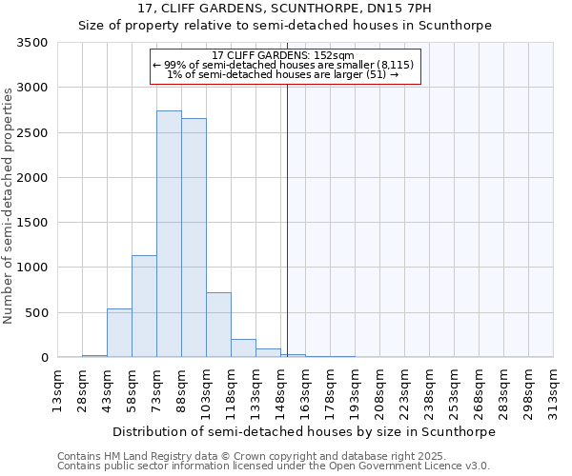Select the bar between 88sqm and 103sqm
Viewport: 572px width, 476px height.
point(194,238)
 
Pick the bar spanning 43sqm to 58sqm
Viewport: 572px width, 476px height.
point(119,333)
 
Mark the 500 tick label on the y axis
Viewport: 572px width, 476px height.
point(37,313)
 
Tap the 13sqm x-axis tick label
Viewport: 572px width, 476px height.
point(58,389)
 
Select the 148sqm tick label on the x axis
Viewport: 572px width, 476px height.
point(281,389)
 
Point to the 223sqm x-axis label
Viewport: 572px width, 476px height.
point(405,389)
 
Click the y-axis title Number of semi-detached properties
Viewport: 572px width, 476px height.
point(9,205)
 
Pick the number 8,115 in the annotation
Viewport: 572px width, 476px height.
point(397,65)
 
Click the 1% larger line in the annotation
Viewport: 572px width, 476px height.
point(282,74)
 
